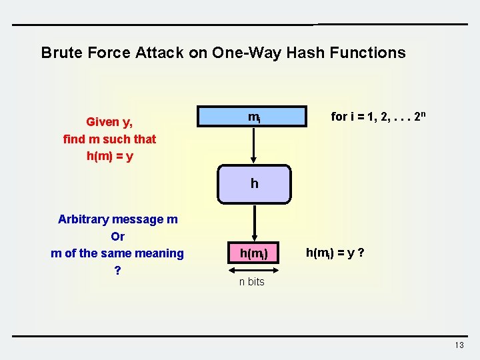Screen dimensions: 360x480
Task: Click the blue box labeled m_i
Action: (x=254, y=117)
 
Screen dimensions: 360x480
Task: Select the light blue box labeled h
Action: (x=254, y=183)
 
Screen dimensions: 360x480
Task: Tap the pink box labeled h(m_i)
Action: (x=254, y=253)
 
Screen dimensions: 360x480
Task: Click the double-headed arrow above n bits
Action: (x=253, y=270)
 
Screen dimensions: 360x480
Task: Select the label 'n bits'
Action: (x=252, y=282)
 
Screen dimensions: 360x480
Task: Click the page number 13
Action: (x=459, y=345)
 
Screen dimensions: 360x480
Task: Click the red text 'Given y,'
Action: (x=109, y=122)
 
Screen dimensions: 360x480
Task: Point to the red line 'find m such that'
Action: (x=109, y=139)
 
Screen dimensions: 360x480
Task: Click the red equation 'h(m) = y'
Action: (x=109, y=156)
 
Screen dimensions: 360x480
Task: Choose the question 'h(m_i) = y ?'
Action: (x=334, y=253)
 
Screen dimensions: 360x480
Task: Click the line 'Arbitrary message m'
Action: (x=118, y=219)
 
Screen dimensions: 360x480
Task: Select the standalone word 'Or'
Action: (x=118, y=236)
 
